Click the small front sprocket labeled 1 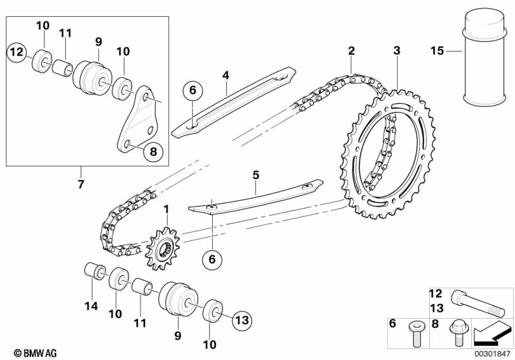tap(163, 249)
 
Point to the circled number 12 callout tap(17, 52)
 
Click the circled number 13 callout tap(242, 320)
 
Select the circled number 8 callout tap(153, 151)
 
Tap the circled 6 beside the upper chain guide tap(193, 90)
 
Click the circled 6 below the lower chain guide tap(212, 260)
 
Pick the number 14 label tap(92, 306)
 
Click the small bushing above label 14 tap(95, 270)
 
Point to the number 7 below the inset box tap(81, 184)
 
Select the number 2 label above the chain tap(351, 50)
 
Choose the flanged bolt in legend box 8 tap(457, 333)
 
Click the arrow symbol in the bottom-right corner tap(492, 334)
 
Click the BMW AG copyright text tap(35, 353)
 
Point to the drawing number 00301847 tap(492, 354)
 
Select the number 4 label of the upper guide tap(226, 75)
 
